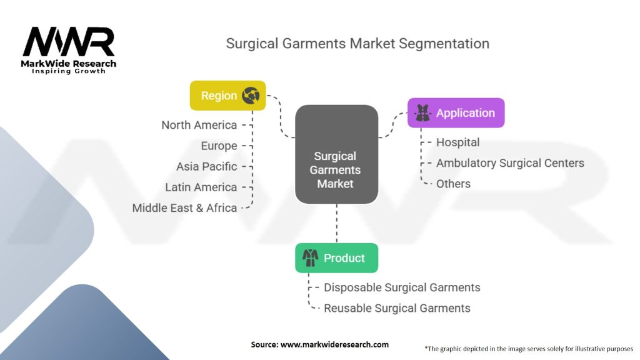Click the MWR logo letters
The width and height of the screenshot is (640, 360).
coord(69,42)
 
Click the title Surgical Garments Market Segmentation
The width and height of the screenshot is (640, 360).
coord(357,44)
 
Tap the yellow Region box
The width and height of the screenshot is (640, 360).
coord(227,96)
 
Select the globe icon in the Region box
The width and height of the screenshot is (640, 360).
coord(251,96)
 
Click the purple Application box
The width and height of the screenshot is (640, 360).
coord(456,112)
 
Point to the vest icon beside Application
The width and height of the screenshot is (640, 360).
coord(422,112)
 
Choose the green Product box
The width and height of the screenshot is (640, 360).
coord(337,258)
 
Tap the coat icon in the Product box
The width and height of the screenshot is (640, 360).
coord(310,258)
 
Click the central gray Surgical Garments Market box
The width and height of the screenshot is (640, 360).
coord(337,154)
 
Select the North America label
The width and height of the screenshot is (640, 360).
coord(199,125)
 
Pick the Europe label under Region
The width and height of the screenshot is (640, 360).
coord(219,146)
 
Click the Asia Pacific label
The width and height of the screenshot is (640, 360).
coord(206,166)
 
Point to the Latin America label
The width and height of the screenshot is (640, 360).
coord(201,187)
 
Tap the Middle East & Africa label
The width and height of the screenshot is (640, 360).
coord(184,208)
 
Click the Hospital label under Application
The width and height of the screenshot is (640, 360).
coord(458,142)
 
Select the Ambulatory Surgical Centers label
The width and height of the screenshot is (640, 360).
coord(510,163)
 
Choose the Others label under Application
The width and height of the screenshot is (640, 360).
coord(454,184)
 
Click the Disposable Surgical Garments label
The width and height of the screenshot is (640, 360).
coord(402,287)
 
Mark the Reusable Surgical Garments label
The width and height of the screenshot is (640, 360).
coord(397,308)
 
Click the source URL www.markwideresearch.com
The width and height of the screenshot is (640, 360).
coord(335,344)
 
